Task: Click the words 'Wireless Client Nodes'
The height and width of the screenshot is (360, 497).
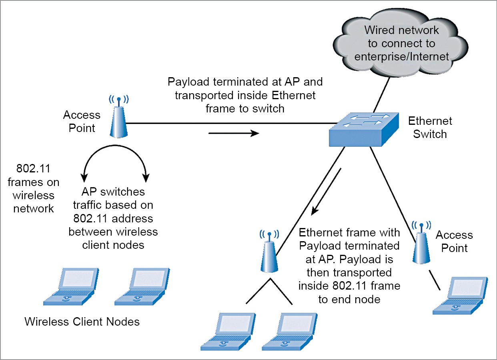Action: [82, 321]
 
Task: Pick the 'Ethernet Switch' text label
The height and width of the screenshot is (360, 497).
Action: [430, 128]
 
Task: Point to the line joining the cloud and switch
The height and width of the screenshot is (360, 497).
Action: [382, 96]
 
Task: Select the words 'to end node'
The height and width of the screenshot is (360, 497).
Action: [349, 299]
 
